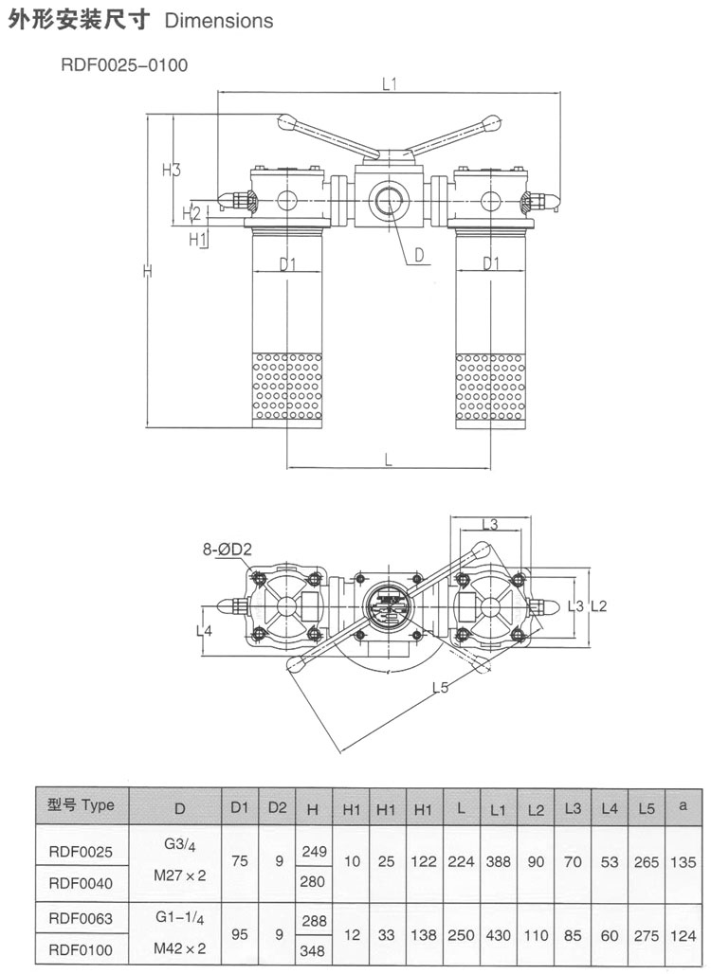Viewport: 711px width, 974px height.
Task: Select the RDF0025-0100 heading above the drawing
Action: click(x=125, y=65)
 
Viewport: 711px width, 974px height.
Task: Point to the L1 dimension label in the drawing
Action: click(x=389, y=83)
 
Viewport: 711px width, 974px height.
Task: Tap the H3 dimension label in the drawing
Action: click(x=171, y=171)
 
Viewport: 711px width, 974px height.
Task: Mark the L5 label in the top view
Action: click(x=440, y=689)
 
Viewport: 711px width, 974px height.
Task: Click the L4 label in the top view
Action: click(x=206, y=629)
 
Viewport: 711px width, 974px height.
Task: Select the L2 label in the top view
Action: click(x=598, y=605)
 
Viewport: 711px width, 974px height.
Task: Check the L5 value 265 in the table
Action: click(x=647, y=861)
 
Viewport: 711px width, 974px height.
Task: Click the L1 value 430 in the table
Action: click(x=499, y=934)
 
